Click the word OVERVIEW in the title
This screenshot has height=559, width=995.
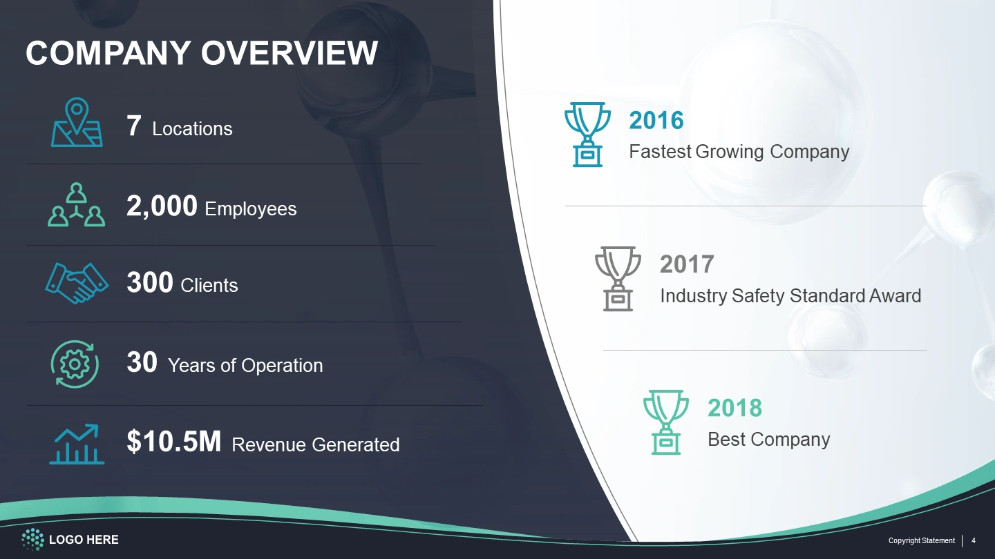click(289, 53)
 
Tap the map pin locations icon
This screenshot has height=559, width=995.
click(77, 122)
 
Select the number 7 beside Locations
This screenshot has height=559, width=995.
click(134, 126)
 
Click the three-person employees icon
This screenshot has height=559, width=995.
click(77, 204)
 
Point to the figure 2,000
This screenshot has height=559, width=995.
click(162, 206)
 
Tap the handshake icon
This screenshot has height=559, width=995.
click(77, 283)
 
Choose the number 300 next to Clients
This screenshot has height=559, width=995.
click(150, 283)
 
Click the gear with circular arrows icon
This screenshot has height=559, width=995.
click(75, 364)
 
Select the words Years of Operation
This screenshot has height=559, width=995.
click(245, 366)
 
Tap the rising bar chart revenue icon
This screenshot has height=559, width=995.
click(77, 444)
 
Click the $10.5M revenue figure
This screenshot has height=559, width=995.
click(173, 442)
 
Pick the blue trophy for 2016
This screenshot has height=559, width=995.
click(587, 135)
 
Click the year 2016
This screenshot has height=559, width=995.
click(656, 121)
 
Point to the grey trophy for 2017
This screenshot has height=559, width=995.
click(618, 279)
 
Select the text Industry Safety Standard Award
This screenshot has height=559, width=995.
click(790, 296)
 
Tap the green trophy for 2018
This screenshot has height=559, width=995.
click(666, 422)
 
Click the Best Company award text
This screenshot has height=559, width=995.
click(769, 440)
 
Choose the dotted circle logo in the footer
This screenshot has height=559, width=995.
click(33, 540)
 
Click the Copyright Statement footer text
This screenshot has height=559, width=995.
click(921, 540)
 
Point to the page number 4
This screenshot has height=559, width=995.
click(973, 540)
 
